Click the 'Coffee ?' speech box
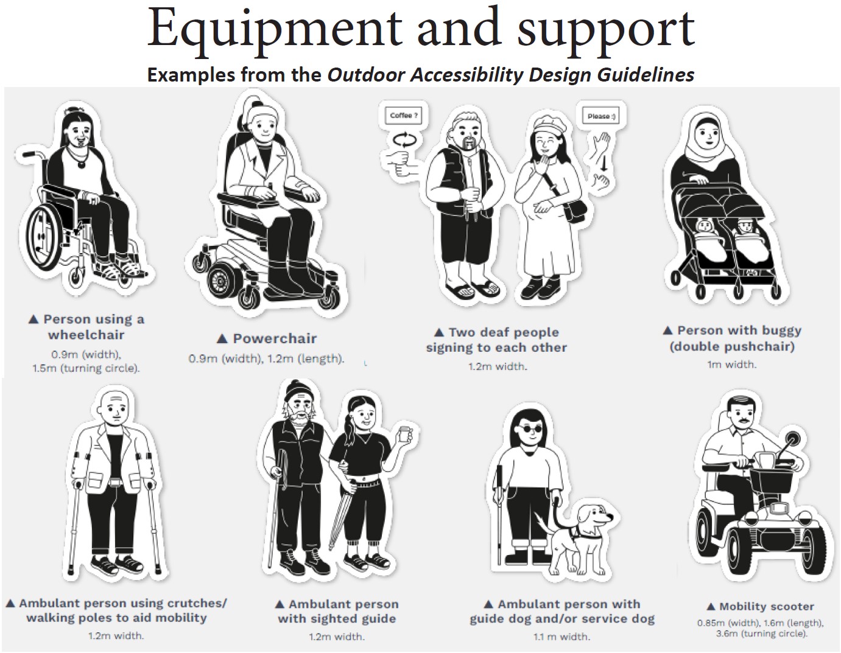[404, 116]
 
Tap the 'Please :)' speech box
[601, 116]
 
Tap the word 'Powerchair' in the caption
[275, 339]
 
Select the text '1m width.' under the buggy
[731, 364]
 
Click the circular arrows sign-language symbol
[404, 141]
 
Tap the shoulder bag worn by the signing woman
[574, 211]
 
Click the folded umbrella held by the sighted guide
[342, 512]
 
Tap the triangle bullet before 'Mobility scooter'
[711, 607]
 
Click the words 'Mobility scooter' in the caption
[766, 606]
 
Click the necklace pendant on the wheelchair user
[81, 164]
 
